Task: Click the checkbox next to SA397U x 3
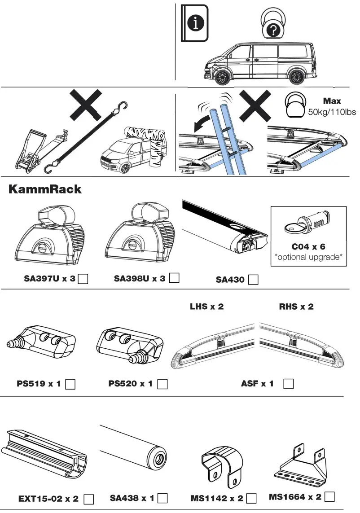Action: [x=83, y=279]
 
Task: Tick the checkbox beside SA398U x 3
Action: [x=175, y=278]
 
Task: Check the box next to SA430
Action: [x=253, y=280]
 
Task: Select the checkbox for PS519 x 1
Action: [x=70, y=384]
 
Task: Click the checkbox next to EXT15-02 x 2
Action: [x=89, y=499]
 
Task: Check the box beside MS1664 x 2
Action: [x=329, y=496]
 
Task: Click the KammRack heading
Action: [x=45, y=189]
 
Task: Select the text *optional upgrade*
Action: [x=308, y=257]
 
